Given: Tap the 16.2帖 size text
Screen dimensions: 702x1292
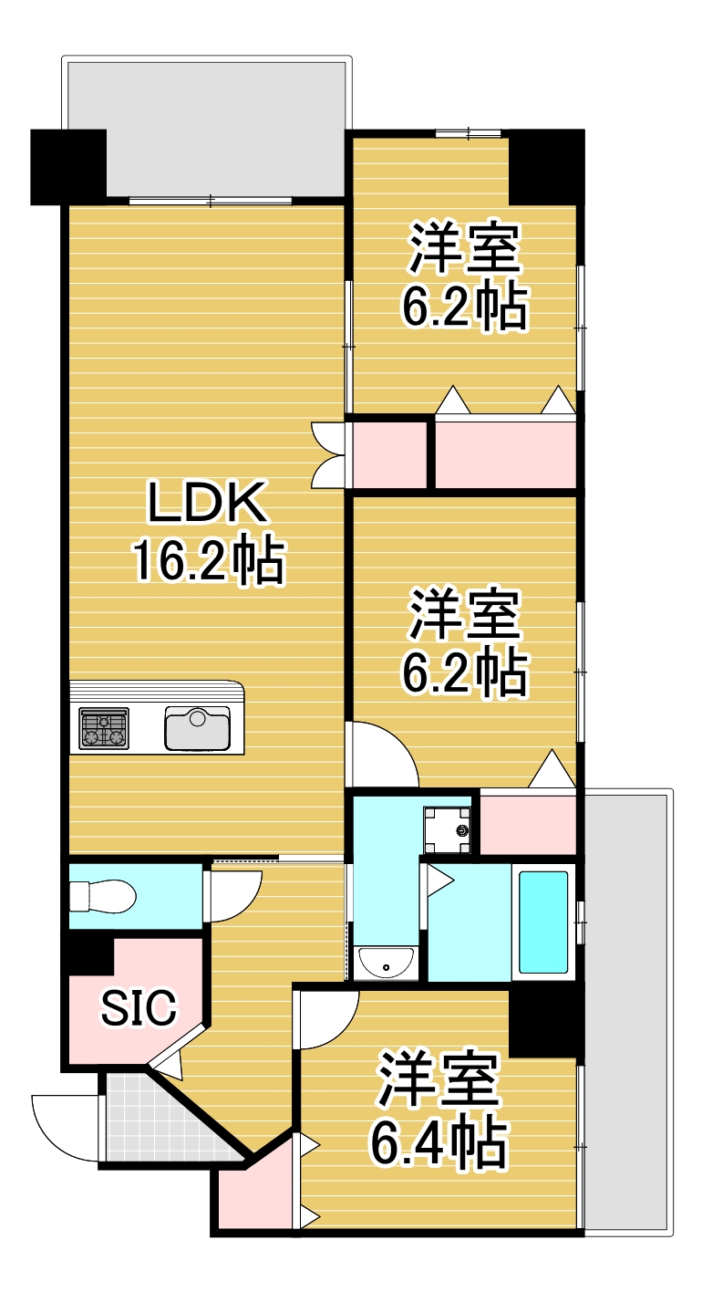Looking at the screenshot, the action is point(209,559).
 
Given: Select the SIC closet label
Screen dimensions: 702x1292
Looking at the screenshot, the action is point(139,1007).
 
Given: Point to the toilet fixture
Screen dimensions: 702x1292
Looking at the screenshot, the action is point(103,897).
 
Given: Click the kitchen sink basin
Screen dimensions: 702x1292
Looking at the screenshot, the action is point(197,727).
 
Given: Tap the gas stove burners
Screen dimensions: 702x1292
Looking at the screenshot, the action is point(104,728).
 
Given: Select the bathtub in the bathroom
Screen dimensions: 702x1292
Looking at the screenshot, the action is point(543,922).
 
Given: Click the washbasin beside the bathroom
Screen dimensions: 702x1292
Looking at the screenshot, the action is point(386,962).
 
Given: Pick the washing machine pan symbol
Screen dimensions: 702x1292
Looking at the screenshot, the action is point(448,830).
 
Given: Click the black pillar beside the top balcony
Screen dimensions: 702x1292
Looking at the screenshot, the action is point(68,167).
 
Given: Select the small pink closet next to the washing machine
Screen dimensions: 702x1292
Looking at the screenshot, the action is point(528,825).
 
